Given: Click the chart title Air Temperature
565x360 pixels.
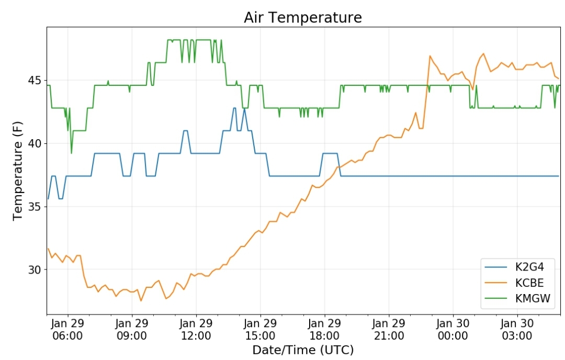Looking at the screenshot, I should (x=302, y=17).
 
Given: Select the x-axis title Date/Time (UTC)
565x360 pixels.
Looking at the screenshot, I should (x=303, y=350).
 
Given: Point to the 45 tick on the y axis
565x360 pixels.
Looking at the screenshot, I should (x=35, y=81).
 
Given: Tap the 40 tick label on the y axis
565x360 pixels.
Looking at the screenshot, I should (x=35, y=143).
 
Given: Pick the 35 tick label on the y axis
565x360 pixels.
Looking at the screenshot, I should (x=35, y=207).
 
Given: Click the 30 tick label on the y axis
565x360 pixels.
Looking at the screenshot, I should (x=35, y=269).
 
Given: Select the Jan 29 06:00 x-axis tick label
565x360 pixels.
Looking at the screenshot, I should (x=67, y=330).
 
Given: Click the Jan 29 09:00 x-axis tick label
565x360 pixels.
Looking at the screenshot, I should (x=132, y=330).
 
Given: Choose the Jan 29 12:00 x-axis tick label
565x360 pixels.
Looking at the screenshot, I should (x=196, y=330).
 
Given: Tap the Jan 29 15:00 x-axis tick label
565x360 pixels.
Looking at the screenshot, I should (x=261, y=330).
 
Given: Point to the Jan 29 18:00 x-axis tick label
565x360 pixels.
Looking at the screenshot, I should (x=325, y=330).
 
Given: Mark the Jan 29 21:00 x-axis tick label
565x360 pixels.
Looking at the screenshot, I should (x=389, y=330).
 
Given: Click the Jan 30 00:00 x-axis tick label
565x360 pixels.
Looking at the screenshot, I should (x=453, y=330).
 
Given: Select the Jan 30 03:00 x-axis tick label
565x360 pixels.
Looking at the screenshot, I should (x=517, y=330).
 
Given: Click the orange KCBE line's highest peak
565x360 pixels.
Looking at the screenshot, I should (x=483, y=53).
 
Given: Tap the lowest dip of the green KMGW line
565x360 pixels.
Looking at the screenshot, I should (x=72, y=153).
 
